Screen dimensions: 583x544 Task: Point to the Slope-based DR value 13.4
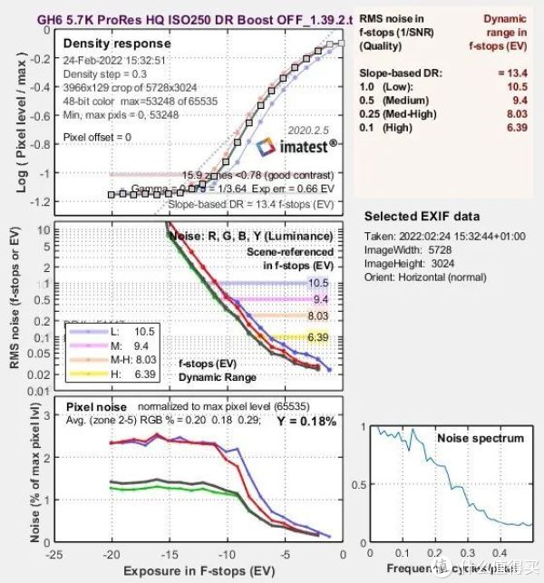514,71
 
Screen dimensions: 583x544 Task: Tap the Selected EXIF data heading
422,216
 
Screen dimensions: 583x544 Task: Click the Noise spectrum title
481,438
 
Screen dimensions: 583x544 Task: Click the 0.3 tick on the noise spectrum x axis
465,553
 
